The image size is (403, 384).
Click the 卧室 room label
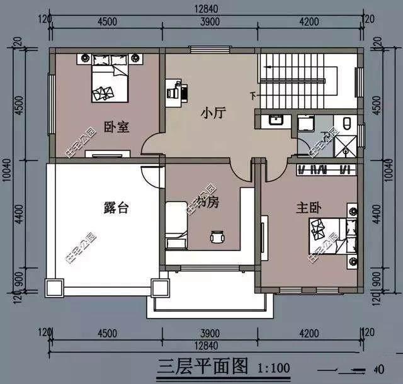coord(116,127)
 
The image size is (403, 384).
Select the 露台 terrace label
coord(115,207)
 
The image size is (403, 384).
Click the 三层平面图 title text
coord(199,366)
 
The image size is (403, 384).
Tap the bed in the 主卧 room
coord(326,234)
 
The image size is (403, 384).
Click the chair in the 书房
coord(217,237)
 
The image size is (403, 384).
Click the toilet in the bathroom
coord(349,122)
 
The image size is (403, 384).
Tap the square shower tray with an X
coord(346,145)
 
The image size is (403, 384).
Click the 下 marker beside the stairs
coord(253,96)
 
